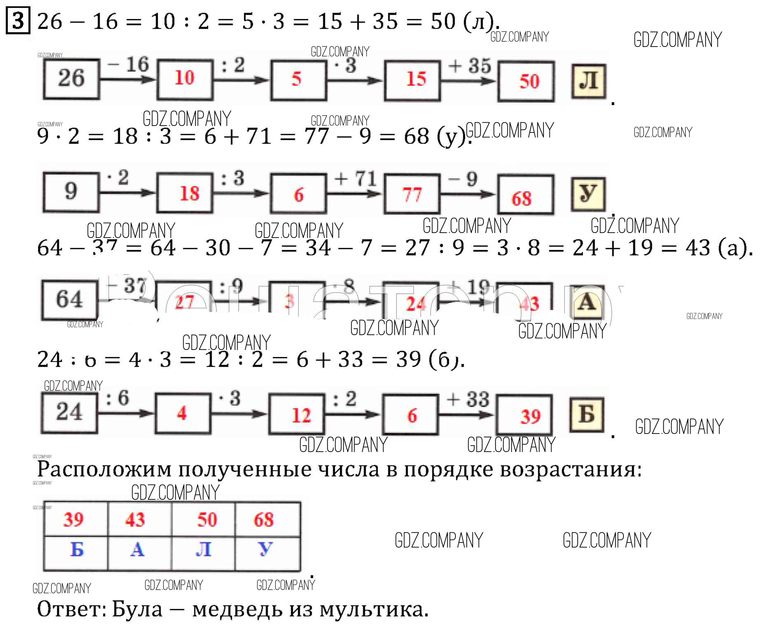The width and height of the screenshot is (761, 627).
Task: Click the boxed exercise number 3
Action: [18, 21]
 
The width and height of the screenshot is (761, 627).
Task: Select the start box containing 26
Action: [71, 79]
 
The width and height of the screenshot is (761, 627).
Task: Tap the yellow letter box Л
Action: [588, 81]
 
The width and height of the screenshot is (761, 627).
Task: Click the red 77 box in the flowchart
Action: [412, 194]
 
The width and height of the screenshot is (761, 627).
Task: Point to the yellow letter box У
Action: [588, 193]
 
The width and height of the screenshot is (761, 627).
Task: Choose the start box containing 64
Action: [69, 299]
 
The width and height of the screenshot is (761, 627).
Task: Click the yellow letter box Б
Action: [587, 415]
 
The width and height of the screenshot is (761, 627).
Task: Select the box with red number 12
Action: [296, 415]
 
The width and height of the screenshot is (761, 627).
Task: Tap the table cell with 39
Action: [75, 520]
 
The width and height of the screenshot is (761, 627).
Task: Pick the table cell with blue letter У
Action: [266, 549]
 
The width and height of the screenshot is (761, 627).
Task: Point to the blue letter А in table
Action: [138, 549]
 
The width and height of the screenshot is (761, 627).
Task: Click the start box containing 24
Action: [69, 412]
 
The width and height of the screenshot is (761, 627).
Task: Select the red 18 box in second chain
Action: [185, 193]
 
